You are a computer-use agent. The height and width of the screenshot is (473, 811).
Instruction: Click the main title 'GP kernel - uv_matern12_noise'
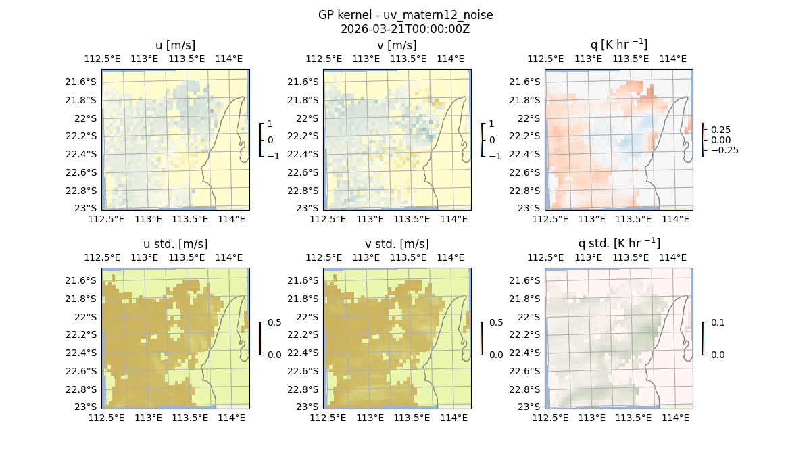pyautogui.click(x=405, y=15)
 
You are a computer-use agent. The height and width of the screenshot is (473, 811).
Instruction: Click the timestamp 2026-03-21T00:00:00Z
pyautogui.click(x=405, y=29)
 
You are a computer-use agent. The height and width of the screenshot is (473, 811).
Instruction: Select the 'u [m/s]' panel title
pyautogui.click(x=175, y=45)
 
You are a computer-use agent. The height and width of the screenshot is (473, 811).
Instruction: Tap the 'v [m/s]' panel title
pyautogui.click(x=397, y=45)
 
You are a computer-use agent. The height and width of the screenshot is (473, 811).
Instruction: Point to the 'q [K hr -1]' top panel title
pyautogui.click(x=618, y=45)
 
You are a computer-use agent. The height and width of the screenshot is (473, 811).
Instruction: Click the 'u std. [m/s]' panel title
pyautogui.click(x=175, y=244)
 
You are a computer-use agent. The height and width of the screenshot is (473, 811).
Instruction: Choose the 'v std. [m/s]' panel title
pyautogui.click(x=397, y=244)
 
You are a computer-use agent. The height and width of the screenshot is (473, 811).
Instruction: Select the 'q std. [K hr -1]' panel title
pyautogui.click(x=618, y=243)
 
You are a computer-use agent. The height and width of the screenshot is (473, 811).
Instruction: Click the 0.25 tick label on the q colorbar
pyautogui.click(x=721, y=130)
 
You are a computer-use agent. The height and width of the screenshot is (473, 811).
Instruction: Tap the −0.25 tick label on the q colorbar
pyautogui.click(x=724, y=150)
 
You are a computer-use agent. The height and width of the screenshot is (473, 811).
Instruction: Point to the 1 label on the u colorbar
pyautogui.click(x=271, y=124)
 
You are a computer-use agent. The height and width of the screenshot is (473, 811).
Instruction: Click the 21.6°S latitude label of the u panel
pyautogui.click(x=83, y=82)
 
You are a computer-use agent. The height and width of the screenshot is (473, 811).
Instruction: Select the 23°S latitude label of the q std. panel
pyautogui.click(x=532, y=407)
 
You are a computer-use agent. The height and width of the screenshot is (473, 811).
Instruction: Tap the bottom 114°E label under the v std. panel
pyautogui.click(x=453, y=418)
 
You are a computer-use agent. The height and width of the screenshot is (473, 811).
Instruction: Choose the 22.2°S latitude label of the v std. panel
pyautogui.click(x=305, y=334)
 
